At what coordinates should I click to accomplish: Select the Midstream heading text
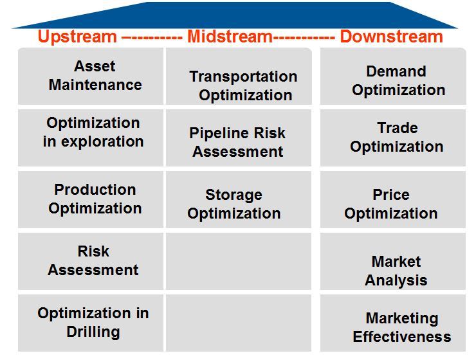pyautogui.click(x=230, y=37)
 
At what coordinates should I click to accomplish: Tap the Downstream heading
pyautogui.click(x=391, y=37)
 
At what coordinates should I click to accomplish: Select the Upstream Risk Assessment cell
pyautogui.click(x=93, y=261)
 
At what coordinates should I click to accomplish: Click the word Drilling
pyautogui.click(x=93, y=332)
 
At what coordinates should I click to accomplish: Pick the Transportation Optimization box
pyautogui.click(x=243, y=85)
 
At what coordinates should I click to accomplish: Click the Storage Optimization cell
pyautogui.click(x=233, y=204)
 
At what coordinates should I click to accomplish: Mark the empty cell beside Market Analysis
pyautogui.click(x=238, y=261)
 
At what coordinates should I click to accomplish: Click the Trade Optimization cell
pyautogui.click(x=396, y=138)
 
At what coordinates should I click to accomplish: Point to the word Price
pyautogui.click(x=390, y=195)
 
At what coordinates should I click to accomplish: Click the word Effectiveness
pyautogui.click(x=401, y=337)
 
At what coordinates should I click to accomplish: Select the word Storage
pyautogui.click(x=233, y=195)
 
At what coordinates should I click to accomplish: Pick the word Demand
pyautogui.click(x=396, y=71)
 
